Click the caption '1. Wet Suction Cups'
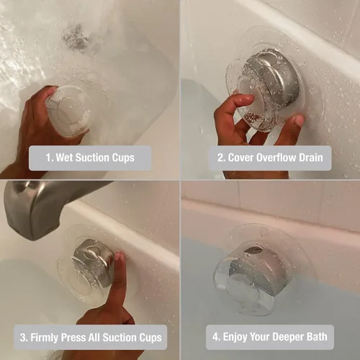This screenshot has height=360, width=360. pyautogui.click(x=89, y=158)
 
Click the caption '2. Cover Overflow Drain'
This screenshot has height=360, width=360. pyautogui.click(x=270, y=158)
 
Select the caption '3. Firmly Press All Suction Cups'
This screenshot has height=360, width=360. pyautogui.click(x=89, y=337)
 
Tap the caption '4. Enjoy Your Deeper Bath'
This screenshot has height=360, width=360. pyautogui.click(x=270, y=337)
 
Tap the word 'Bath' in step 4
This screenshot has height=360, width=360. pyautogui.click(x=319, y=337)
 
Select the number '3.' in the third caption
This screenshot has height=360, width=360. pyautogui.click(x=26, y=337)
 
